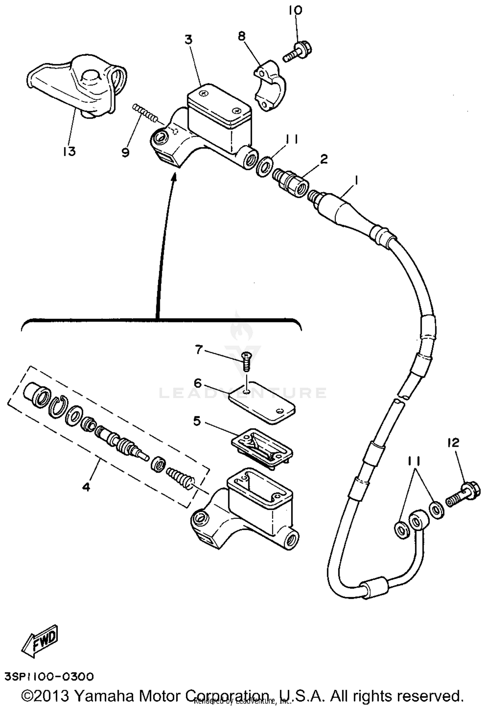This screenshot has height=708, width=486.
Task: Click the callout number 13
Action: coord(69,151)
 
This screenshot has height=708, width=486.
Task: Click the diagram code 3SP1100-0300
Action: coord(49,676)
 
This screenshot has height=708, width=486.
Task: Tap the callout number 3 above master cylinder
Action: coord(189,40)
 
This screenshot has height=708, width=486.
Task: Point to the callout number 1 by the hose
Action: coord(356,180)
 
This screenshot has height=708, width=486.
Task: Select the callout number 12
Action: coord(454,442)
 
